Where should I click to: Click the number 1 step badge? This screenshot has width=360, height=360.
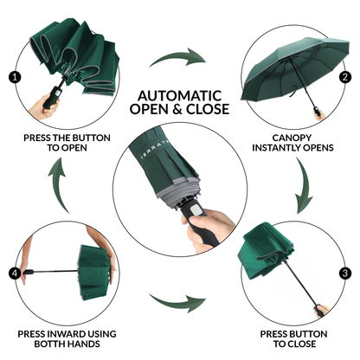click(15, 76)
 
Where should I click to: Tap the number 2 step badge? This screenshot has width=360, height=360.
click(344, 76)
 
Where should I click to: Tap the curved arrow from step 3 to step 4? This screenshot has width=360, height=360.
click(177, 303)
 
